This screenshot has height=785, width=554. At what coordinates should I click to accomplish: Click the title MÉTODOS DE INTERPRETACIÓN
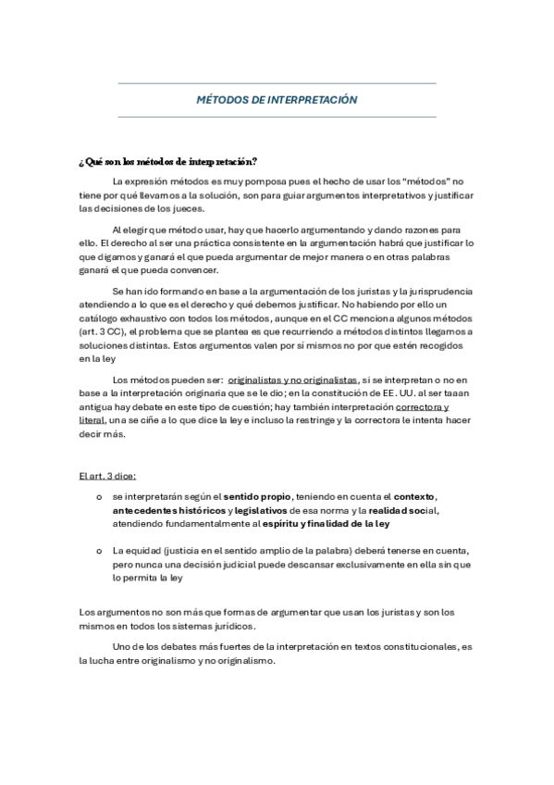coord(277,100)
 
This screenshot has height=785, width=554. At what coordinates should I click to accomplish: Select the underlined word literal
coord(92,420)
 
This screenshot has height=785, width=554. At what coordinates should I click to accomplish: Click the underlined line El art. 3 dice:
coord(108,476)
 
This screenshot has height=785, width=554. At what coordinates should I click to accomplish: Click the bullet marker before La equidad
coord(99,551)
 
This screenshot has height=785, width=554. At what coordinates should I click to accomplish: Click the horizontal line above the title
coord(277,83)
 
